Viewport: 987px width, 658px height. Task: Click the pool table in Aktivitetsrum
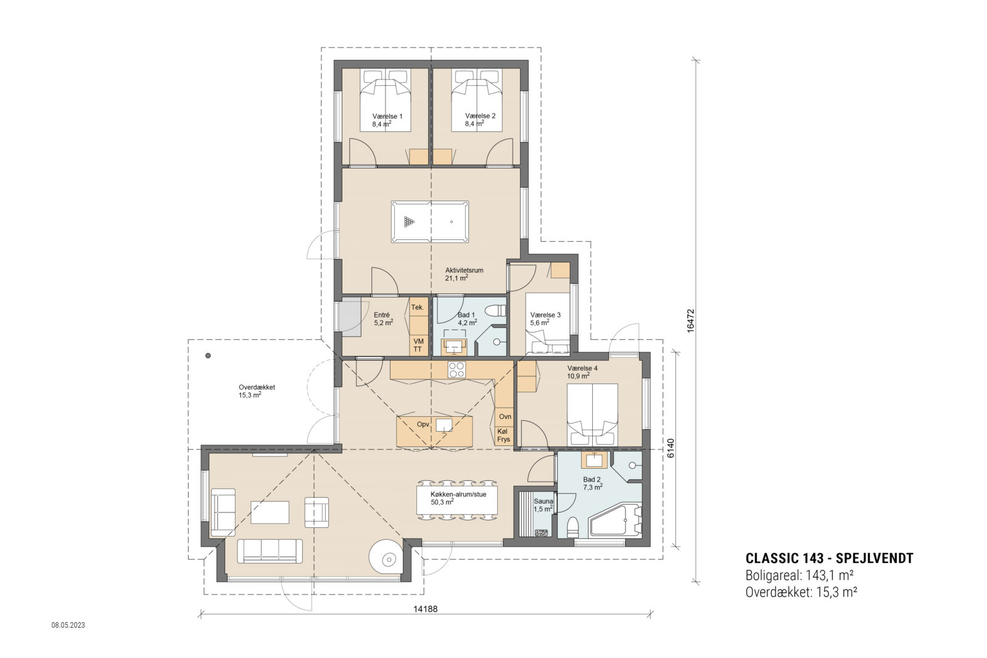pos(430,221)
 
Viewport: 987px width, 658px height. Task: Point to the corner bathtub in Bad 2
pos(616,522)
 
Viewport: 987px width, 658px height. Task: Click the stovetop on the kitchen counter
pos(456,369)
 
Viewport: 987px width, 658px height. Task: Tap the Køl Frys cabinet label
pos(504,435)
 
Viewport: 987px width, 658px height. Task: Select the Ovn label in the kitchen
pos(505,416)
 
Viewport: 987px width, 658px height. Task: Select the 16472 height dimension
pos(691,321)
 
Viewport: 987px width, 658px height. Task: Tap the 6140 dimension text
pos(670,448)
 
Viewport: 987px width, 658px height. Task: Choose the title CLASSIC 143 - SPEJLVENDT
pos(829,559)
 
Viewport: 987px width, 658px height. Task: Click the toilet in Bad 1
pos(495,310)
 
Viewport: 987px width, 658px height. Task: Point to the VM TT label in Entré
pos(418,345)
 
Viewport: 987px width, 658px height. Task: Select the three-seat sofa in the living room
pos(270,550)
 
